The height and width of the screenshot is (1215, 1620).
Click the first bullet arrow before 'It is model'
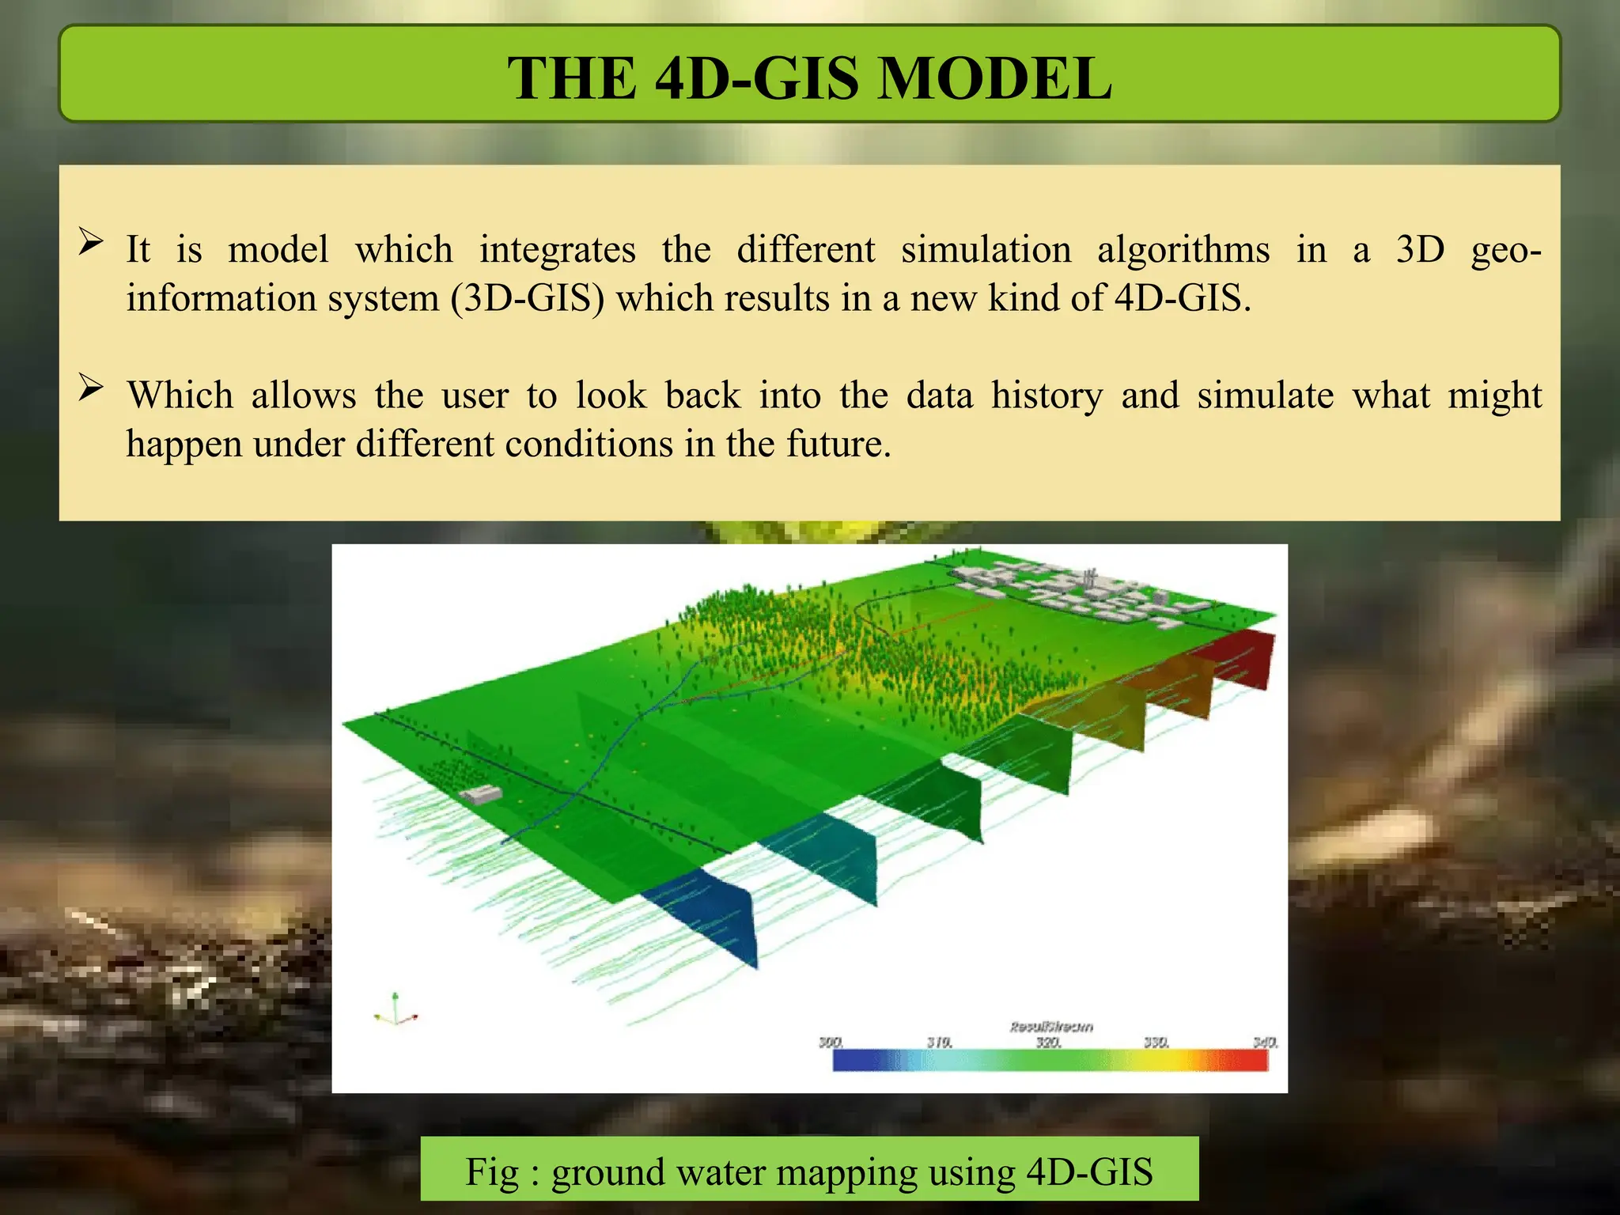(91, 242)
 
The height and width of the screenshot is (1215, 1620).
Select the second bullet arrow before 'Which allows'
(91, 388)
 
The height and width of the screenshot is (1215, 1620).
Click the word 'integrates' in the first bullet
(557, 250)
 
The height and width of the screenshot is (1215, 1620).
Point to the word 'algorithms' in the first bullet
(1183, 250)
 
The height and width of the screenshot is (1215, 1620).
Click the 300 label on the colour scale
(831, 1043)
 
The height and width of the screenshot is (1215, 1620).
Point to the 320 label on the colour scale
(1048, 1043)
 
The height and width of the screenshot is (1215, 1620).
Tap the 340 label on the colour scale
(1265, 1043)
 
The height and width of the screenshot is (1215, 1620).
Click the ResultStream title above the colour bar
(1051, 1027)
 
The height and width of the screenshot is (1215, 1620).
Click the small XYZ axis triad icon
(395, 1011)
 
